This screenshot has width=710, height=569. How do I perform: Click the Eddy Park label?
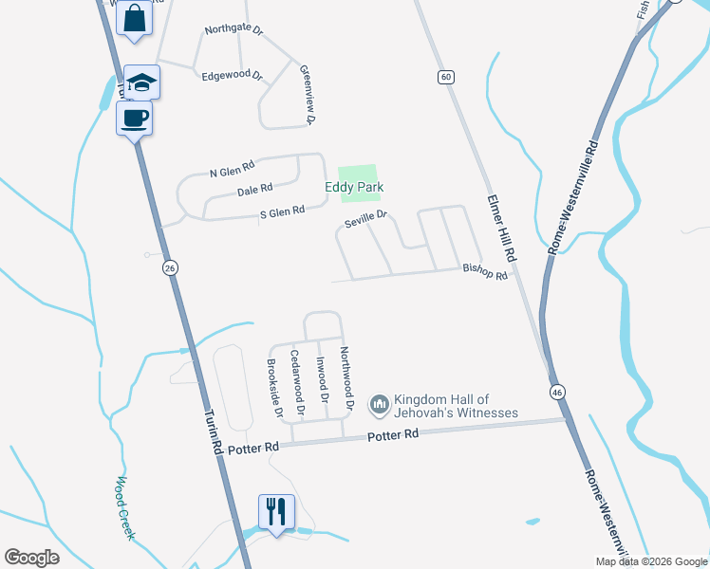[x=354, y=188]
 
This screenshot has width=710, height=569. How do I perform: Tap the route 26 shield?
[x=170, y=268]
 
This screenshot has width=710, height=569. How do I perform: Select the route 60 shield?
[x=444, y=76]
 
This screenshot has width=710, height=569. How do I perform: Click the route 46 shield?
[x=555, y=391]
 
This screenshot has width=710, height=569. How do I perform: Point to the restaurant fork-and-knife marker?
[x=276, y=512]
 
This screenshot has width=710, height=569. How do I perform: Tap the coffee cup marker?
[x=134, y=119]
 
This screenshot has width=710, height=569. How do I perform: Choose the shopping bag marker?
[x=134, y=18]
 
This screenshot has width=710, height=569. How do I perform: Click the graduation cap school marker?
[x=141, y=83]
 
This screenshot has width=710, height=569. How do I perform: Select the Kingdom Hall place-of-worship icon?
[x=379, y=406]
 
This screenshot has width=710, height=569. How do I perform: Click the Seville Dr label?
[x=366, y=219]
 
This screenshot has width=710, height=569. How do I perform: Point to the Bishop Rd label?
[x=485, y=269]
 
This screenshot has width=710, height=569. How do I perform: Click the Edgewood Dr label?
[x=232, y=74]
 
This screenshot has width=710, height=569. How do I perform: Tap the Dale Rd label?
[x=254, y=190]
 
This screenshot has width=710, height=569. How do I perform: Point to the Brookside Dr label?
[x=274, y=389]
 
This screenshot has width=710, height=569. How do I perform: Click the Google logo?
[x=32, y=557]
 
